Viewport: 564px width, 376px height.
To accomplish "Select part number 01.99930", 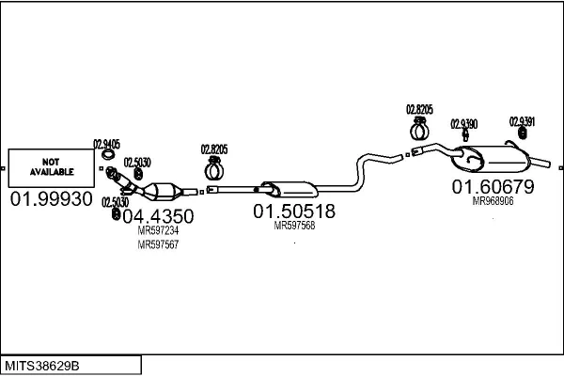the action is pyautogui.click(x=52, y=199).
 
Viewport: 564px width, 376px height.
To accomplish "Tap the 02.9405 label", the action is pyautogui.click(x=106, y=145).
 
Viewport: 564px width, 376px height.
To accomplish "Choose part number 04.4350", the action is pyautogui.click(x=158, y=216).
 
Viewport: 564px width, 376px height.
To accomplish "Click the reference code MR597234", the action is pyautogui.click(x=158, y=230).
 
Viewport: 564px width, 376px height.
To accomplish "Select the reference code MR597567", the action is pyautogui.click(x=158, y=244).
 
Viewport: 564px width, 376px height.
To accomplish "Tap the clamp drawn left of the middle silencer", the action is pyautogui.click(x=214, y=168).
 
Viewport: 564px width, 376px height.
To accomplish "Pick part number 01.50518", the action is pyautogui.click(x=294, y=211).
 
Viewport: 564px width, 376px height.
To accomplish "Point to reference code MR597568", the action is pyautogui.click(x=294, y=226).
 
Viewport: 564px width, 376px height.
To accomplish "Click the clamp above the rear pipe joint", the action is pyautogui.click(x=419, y=129).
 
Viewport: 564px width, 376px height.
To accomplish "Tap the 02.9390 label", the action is pyautogui.click(x=464, y=124).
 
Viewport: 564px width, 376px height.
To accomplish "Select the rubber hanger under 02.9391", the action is pyautogui.click(x=523, y=133).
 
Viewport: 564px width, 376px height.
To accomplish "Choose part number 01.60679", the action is pyautogui.click(x=493, y=187).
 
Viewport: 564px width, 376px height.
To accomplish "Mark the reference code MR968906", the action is pyautogui.click(x=493, y=201).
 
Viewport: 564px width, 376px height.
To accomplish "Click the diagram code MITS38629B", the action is pyautogui.click(x=41, y=366).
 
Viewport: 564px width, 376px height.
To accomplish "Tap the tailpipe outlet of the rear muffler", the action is pyautogui.click(x=540, y=162).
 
